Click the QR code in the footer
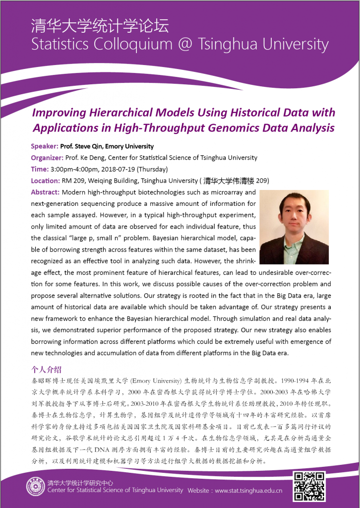tap(310, 486)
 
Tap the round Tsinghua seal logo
tap(36, 486)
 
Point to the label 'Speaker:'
tap(45, 146)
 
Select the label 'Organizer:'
tap(47, 158)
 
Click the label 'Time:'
tap(40, 169)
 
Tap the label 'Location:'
tap(45, 181)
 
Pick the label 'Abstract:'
tap(45, 192)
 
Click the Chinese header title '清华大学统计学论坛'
tap(100, 26)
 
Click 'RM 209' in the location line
tap(74, 181)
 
